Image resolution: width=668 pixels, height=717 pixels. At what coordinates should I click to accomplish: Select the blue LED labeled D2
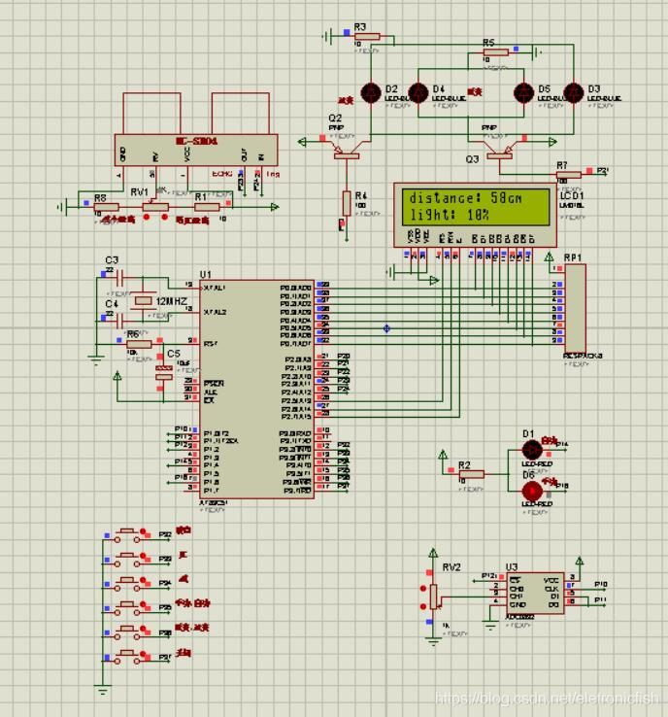tap(370, 93)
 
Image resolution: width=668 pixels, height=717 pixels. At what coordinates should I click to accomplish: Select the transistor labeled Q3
tap(499, 148)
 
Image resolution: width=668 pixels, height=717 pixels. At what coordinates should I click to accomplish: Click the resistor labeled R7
tap(567, 175)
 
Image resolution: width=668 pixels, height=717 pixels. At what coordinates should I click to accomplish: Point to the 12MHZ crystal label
tap(171, 302)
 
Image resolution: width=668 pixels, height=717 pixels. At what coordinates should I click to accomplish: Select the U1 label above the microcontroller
tap(204, 275)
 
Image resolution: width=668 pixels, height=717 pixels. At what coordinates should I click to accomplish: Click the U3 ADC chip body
tap(526, 592)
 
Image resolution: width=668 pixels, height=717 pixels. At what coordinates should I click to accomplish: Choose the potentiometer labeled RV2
tap(434, 594)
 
